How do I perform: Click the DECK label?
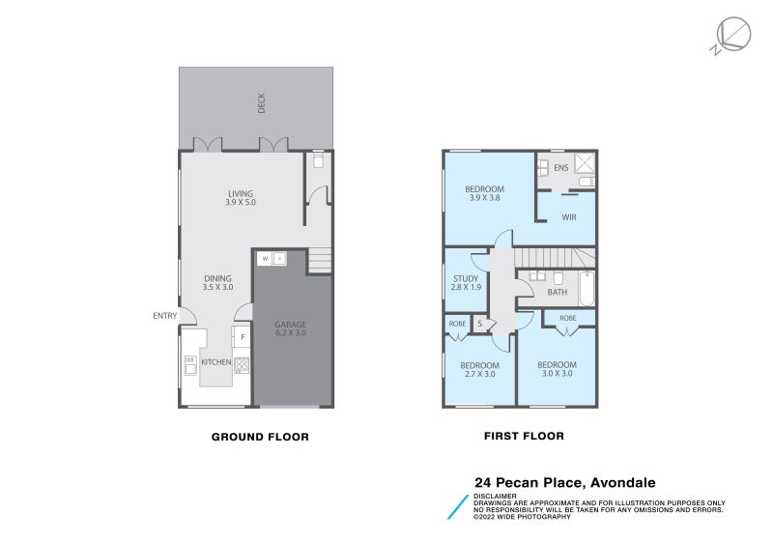261,103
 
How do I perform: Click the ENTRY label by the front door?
164,316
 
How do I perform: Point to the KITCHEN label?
215,362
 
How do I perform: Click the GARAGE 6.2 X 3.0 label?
291,328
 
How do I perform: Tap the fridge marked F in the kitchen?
243,337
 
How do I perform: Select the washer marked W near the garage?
264,258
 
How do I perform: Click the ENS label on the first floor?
560,168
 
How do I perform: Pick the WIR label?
569,217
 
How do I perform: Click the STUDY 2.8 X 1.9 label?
466,283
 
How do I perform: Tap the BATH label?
558,292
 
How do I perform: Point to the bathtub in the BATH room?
586,288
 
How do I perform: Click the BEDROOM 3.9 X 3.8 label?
484,193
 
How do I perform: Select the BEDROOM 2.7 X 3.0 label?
480,369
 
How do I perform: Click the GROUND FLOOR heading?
260,437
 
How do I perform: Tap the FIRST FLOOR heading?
524,437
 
